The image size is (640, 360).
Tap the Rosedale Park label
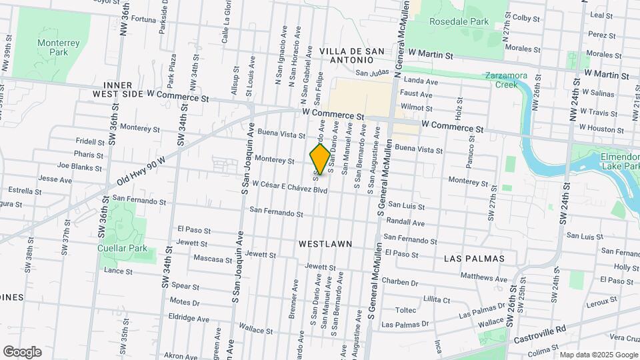[x=459, y=21]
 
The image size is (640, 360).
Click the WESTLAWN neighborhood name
[x=325, y=244]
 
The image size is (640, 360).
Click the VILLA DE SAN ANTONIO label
[x=352, y=56]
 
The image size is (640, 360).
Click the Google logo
[x=22, y=351]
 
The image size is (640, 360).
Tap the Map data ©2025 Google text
[x=598, y=355]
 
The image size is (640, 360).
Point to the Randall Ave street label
[x=405, y=222]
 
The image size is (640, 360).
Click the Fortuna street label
[x=143, y=19]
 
